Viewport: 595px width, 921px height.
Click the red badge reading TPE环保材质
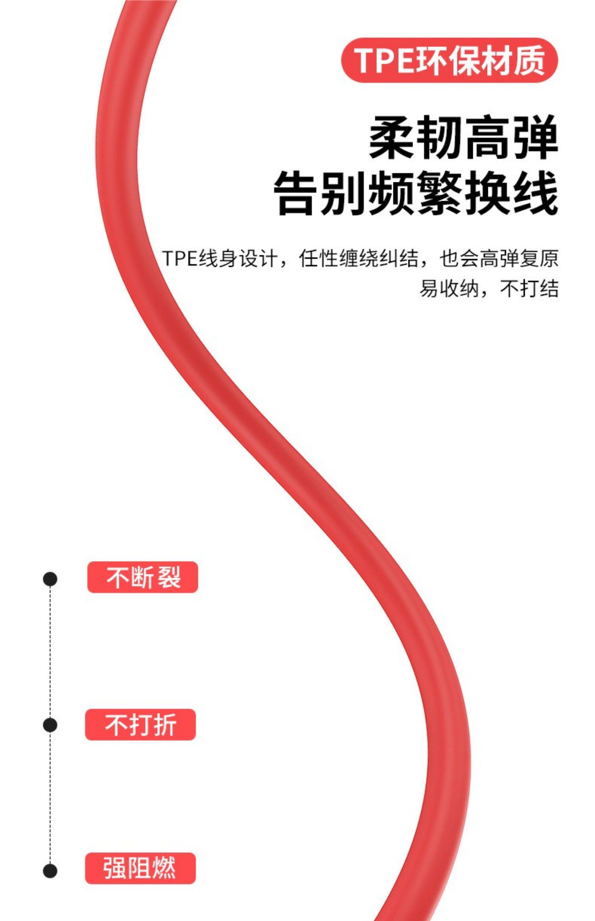pos(449,60)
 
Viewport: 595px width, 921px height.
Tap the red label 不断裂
pos(142,577)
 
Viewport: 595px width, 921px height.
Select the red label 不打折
pos(140,724)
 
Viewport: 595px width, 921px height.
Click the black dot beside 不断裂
pos(50,579)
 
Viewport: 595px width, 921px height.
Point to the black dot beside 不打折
pos(50,725)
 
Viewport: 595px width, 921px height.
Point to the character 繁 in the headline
pos(440,194)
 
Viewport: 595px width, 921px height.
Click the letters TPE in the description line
pos(180,259)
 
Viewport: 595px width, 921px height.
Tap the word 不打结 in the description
pos(529,288)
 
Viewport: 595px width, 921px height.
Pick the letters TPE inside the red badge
pos(384,60)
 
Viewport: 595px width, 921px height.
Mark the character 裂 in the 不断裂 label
pos(169,577)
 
